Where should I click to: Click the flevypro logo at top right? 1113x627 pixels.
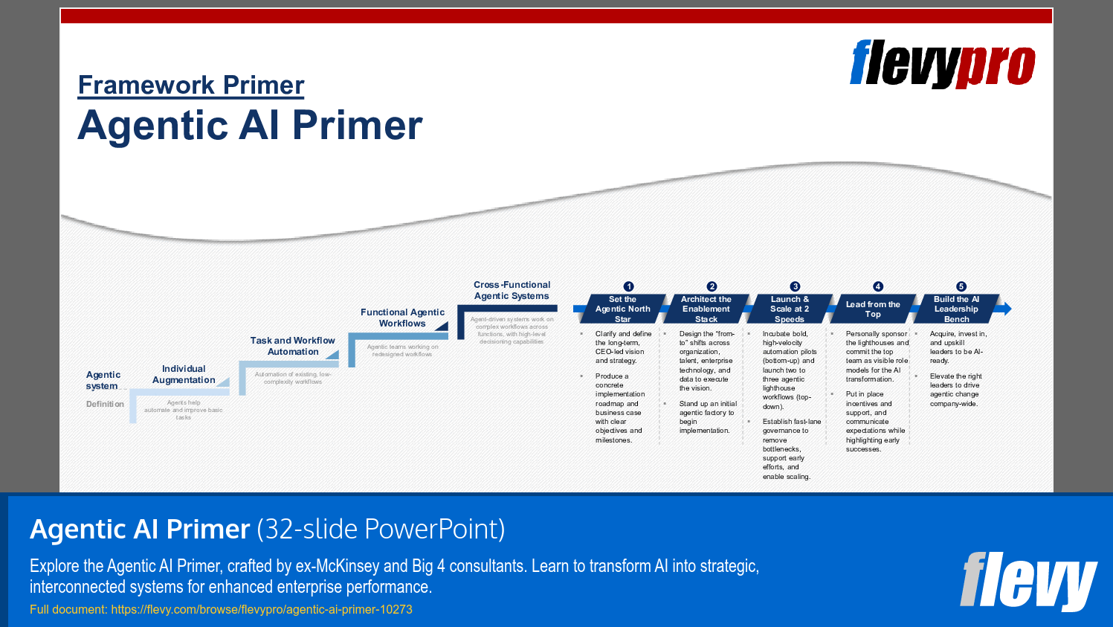(942, 64)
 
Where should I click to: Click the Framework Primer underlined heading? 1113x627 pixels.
(191, 86)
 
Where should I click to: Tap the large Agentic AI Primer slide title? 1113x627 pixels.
(250, 125)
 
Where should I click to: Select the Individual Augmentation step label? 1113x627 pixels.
(184, 374)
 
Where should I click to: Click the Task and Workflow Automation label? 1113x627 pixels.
(292, 346)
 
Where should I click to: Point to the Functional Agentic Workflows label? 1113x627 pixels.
(402, 318)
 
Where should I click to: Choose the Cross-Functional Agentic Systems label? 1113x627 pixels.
(512, 290)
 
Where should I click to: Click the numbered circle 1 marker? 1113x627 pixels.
(628, 286)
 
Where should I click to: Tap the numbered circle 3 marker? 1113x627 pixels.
(795, 286)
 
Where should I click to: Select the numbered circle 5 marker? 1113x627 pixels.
(961, 286)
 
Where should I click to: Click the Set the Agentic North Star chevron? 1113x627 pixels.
(623, 309)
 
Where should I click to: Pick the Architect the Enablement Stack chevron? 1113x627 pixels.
(706, 309)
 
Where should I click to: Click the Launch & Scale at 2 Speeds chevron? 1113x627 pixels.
(790, 309)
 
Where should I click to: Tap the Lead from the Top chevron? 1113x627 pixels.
(873, 309)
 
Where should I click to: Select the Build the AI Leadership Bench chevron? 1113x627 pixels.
(956, 309)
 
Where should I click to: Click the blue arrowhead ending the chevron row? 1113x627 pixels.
(1004, 308)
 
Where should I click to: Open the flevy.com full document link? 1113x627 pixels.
(261, 609)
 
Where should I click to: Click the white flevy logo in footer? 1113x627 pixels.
(1027, 581)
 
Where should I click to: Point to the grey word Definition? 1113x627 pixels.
(105, 404)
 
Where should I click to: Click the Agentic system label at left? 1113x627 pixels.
(103, 380)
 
